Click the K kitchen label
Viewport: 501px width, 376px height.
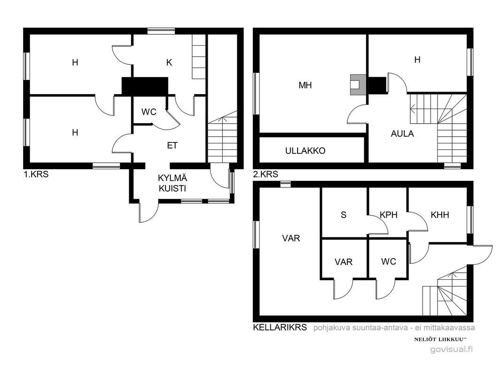click(169, 63)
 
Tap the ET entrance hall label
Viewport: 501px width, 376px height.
click(172, 145)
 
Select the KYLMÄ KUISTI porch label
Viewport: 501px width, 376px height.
click(172, 183)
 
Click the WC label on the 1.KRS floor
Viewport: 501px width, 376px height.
click(149, 112)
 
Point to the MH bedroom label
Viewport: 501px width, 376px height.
click(305, 85)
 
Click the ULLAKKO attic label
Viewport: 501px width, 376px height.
click(305, 151)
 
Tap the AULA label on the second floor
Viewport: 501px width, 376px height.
click(402, 133)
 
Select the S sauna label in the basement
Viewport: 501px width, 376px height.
click(344, 215)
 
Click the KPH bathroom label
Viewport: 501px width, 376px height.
click(389, 215)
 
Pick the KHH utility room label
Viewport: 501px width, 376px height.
click(440, 215)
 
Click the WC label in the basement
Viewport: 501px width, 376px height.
click(389, 262)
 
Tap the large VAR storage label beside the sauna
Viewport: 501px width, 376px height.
click(291, 238)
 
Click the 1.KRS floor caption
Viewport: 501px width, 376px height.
click(36, 174)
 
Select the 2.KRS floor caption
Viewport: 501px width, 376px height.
click(266, 174)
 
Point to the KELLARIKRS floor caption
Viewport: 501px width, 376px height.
click(280, 328)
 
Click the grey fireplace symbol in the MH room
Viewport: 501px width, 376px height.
click(358, 85)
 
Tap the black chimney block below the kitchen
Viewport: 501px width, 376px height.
click(145, 86)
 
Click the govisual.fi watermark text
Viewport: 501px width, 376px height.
click(452, 349)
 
